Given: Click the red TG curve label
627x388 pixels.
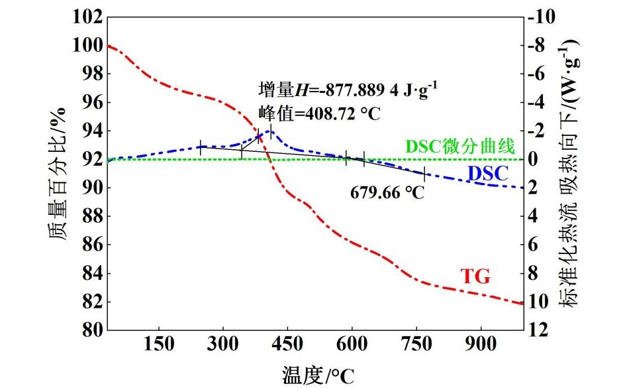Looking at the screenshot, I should [x=475, y=277].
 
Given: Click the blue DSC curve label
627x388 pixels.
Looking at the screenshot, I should [x=487, y=174].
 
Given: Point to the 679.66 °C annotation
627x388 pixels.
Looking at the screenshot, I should [x=387, y=192].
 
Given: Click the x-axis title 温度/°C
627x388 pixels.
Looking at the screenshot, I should [x=318, y=376].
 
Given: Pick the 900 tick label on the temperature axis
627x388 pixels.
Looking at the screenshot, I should [x=481, y=345].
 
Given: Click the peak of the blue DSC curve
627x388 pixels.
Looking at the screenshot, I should [x=270, y=131].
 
